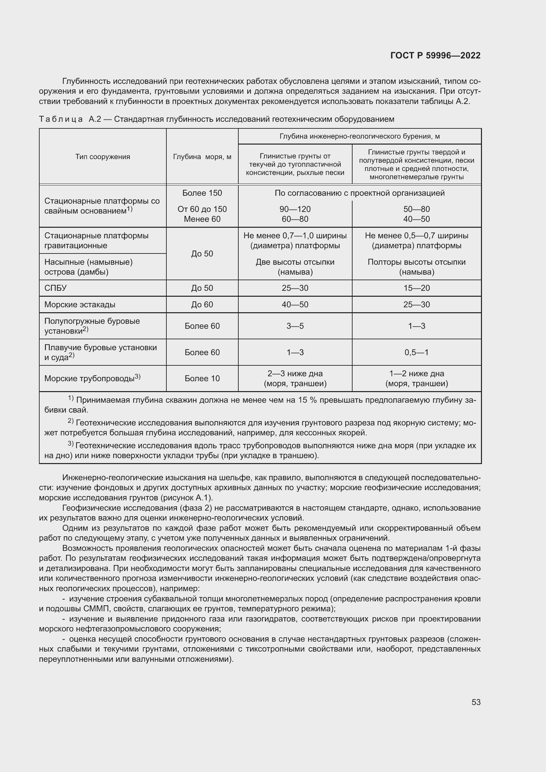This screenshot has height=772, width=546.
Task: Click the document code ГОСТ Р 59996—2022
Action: tap(435, 55)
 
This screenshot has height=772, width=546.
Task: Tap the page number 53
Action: tap(476, 702)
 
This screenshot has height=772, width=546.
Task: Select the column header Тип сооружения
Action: tap(103, 157)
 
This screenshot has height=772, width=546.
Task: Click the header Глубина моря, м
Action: tap(202, 157)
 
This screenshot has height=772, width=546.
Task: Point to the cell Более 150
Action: tap(202, 193)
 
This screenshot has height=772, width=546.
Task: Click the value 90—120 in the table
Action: tap(295, 209)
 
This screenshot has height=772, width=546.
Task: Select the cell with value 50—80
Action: tap(417, 209)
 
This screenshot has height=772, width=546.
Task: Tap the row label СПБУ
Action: tap(55, 288)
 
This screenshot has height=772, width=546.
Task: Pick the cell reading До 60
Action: tap(202, 305)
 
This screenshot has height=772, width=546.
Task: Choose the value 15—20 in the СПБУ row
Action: tap(417, 288)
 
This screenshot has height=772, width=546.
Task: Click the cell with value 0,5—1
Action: tap(417, 352)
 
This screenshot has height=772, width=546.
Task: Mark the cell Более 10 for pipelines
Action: tap(202, 379)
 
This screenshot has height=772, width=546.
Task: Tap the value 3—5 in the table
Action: tap(295, 326)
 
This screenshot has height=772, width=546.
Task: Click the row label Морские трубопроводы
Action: tap(89, 379)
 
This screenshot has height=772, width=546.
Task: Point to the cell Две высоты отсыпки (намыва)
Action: tap(295, 267)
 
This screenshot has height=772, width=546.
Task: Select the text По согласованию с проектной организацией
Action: tap(359, 193)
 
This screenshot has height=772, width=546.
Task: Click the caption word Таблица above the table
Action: tap(61, 119)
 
